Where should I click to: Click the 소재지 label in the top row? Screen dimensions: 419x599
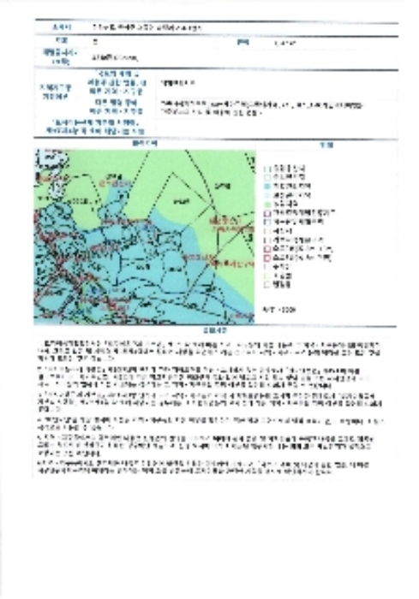(58, 27)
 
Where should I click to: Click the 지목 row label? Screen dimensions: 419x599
(58, 39)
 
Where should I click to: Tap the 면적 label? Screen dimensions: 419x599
(241, 39)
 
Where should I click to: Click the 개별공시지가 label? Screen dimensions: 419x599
(58, 56)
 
